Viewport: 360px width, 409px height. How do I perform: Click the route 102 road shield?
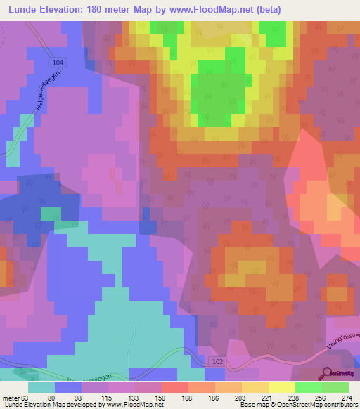tap(219, 361)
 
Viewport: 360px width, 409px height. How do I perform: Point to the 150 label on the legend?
tap(160, 397)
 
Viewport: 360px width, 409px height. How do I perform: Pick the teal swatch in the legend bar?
tap(41, 387)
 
